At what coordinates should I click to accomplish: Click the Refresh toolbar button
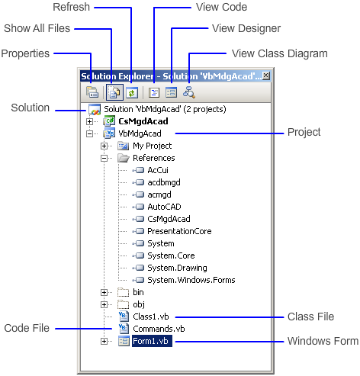pos(131,92)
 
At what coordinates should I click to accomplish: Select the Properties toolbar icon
pos(92,92)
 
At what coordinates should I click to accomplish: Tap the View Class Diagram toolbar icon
pos(189,92)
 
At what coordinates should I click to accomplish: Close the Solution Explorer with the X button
pos(265,76)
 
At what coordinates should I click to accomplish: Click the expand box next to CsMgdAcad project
pos(89,121)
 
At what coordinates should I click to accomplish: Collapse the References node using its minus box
pos(104,158)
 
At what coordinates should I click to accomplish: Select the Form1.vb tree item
pos(152,341)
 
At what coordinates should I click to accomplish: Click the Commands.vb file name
pos(159,329)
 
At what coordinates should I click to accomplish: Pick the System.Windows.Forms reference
pos(191,280)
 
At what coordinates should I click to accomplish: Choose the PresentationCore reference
pos(179,231)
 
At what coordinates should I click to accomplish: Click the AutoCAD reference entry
pos(164,207)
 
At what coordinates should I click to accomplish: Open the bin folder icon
pos(124,292)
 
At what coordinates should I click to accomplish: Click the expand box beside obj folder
pos(104,304)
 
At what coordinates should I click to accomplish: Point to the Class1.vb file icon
pos(124,317)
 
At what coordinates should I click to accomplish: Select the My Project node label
pos(152,146)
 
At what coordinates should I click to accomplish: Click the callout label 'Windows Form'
pos(323,341)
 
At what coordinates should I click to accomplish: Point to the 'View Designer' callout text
pos(246,28)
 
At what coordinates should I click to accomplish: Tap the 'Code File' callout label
pos(27,328)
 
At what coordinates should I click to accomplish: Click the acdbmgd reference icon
pos(138,182)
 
